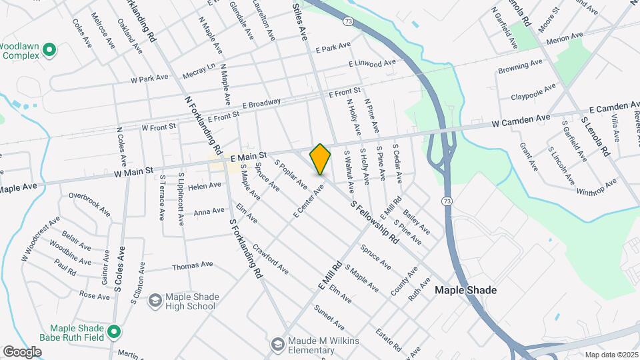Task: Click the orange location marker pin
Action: pyautogui.click(x=321, y=159)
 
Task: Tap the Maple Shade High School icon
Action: pyautogui.click(x=155, y=301)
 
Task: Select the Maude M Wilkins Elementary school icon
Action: pyautogui.click(x=278, y=344)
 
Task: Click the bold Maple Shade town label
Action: pyautogui.click(x=465, y=291)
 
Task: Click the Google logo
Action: pyautogui.click(x=22, y=351)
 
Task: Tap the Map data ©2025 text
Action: pyautogui.click(x=611, y=355)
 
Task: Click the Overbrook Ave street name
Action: pyautogui.click(x=89, y=205)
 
